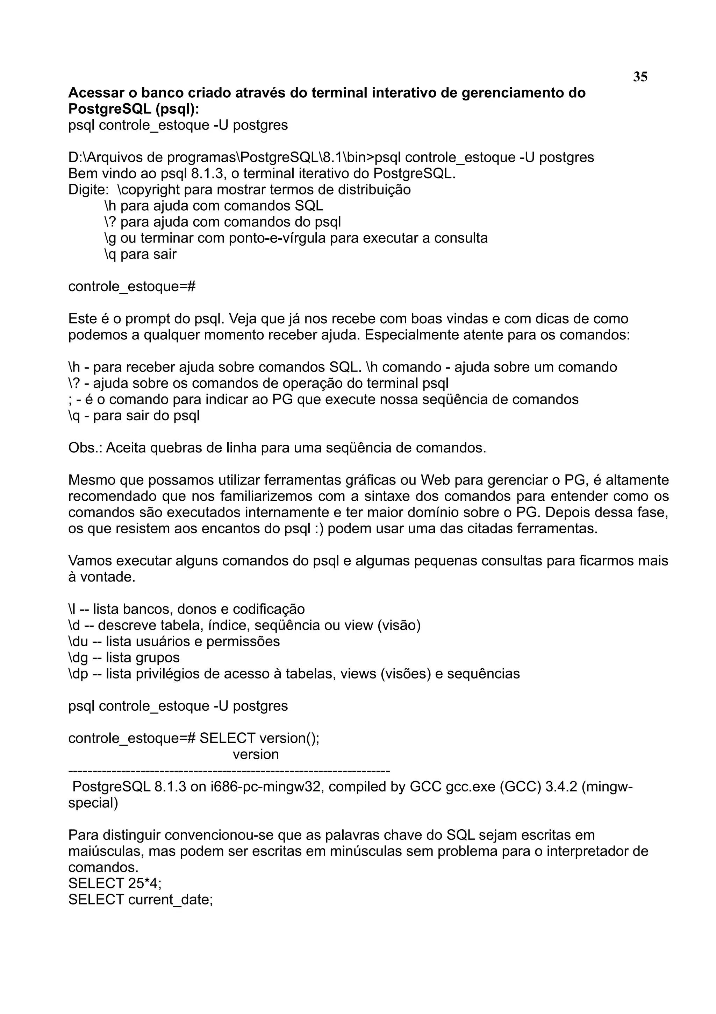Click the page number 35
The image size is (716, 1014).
point(640,77)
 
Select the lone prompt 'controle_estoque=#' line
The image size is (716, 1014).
point(131,287)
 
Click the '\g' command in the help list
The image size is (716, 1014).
point(110,238)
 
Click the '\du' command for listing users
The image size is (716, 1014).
point(78,641)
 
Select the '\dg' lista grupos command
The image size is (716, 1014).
point(78,657)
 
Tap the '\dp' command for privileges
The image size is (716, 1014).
point(78,674)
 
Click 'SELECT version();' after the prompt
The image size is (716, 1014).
point(259,738)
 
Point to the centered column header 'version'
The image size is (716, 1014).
point(256,754)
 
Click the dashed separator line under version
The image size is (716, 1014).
point(229,771)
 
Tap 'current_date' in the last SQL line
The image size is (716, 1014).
point(170,899)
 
